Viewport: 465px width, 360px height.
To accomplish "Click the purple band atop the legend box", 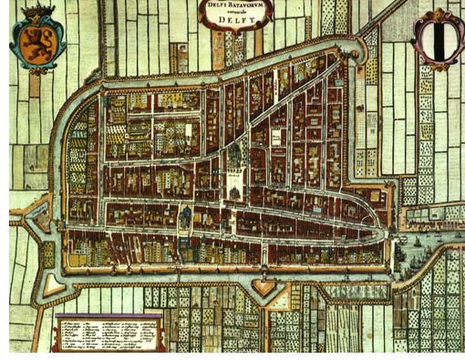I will (x=108, y=314).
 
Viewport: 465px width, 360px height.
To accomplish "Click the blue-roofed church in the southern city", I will (x=185, y=217).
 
